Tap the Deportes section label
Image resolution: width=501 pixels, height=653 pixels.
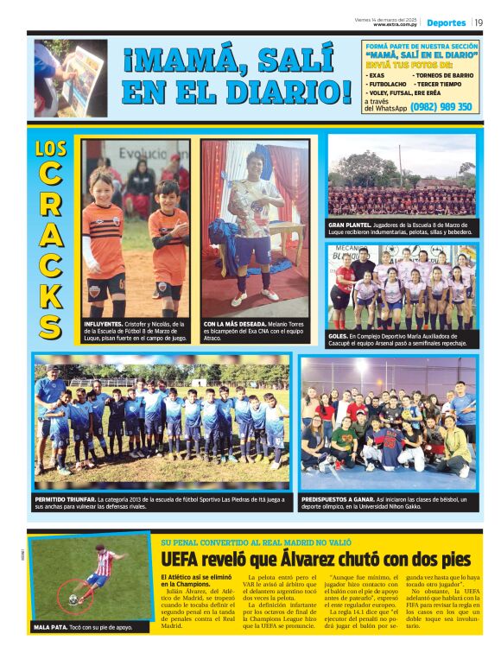point(446,22)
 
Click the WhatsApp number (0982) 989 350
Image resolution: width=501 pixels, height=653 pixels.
point(441,106)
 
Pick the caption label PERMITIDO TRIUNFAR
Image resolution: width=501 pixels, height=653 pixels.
point(73,499)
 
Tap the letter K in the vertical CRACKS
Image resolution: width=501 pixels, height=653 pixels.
point(51,292)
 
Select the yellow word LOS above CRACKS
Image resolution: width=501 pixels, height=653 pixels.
point(51,149)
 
